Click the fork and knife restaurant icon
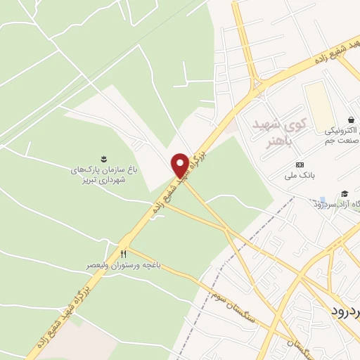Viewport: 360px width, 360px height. tap(124, 253)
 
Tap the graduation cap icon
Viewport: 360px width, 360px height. tap(345, 193)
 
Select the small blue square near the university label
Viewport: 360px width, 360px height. tap(322, 200)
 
